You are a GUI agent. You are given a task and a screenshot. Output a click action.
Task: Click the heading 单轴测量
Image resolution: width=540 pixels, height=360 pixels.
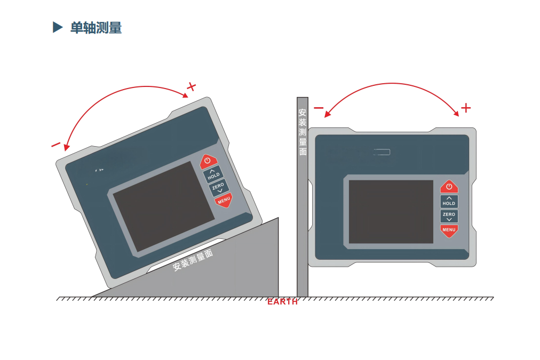[x=96, y=28]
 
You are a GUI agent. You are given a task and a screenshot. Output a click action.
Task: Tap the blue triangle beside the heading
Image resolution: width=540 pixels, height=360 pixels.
[x=58, y=27]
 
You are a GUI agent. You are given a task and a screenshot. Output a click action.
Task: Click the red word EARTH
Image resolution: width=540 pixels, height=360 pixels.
[x=282, y=302]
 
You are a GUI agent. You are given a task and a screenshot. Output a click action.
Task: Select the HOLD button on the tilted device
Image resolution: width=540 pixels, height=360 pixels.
[x=213, y=174]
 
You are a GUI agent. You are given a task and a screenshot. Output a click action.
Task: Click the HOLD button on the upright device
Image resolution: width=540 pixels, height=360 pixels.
[x=449, y=202]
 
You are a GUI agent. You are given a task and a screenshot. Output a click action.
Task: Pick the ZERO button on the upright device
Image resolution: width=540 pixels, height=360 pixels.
[x=449, y=216]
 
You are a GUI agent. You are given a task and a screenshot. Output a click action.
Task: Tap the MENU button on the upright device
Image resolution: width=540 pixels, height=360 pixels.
[x=449, y=230]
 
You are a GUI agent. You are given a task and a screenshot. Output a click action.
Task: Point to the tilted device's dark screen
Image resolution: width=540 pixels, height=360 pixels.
[x=164, y=206]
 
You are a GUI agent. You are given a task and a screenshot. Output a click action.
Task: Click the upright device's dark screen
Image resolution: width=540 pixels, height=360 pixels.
[x=391, y=211]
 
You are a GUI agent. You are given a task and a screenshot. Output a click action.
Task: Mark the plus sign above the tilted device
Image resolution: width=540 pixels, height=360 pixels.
[x=191, y=86]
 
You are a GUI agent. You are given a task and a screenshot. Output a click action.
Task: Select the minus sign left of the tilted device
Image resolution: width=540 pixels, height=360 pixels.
[x=55, y=145]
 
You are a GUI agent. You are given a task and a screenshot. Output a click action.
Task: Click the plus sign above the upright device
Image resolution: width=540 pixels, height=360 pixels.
[x=466, y=108]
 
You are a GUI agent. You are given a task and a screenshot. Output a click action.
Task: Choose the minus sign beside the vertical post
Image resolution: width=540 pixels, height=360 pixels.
[x=319, y=108]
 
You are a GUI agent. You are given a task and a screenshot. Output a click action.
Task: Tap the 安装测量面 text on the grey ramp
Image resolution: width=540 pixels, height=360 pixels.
[x=193, y=260]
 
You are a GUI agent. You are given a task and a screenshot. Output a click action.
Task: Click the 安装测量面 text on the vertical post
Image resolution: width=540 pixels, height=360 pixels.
[x=303, y=132]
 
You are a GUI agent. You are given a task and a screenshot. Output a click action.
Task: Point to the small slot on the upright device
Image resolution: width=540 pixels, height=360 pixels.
[x=382, y=152]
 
